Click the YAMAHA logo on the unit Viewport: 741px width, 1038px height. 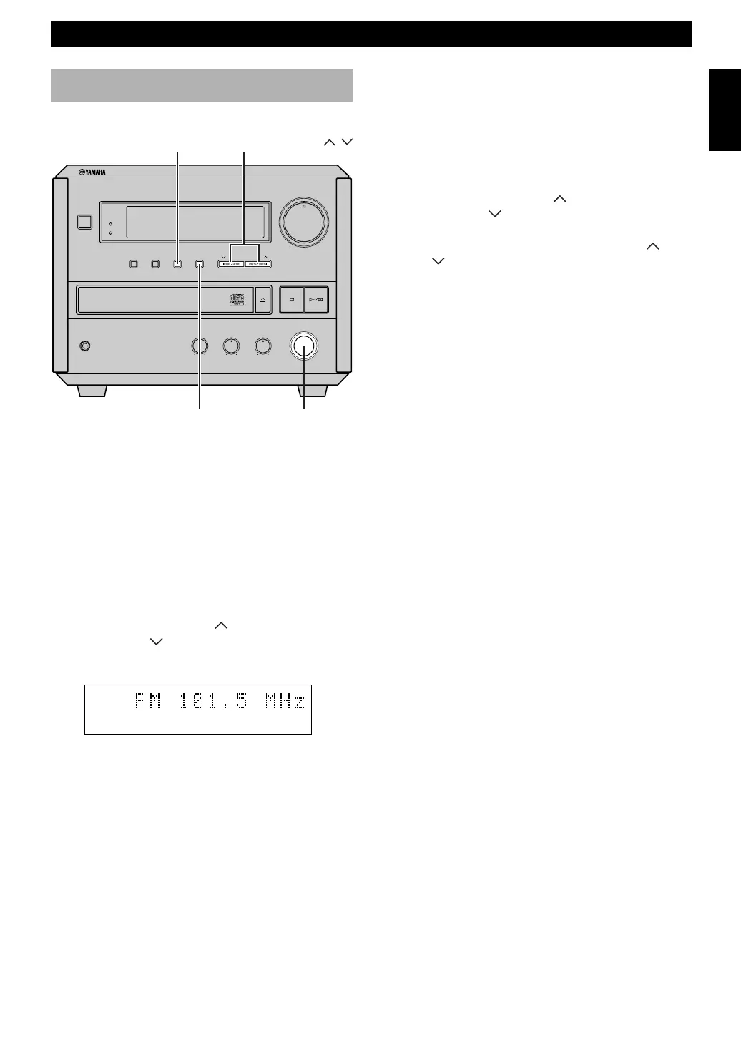92,172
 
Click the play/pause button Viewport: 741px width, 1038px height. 317,300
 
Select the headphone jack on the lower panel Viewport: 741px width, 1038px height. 85,346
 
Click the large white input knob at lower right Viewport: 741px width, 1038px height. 304,346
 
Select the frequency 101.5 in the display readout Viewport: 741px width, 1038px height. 213,702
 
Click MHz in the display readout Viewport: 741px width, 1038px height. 284,702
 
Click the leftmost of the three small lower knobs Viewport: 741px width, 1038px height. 200,346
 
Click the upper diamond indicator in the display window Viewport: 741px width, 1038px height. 110,224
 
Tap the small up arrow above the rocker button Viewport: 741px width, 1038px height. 265,256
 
